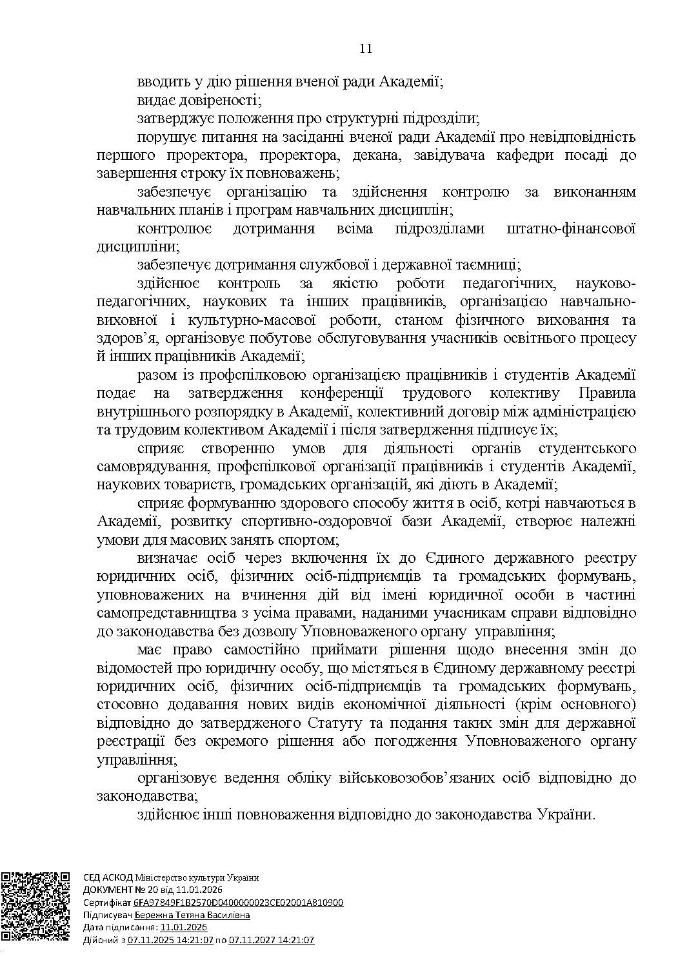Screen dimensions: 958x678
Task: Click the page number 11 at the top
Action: [x=366, y=49]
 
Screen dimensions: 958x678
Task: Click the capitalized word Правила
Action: [x=607, y=393]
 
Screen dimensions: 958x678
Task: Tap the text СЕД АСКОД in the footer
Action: [x=108, y=877]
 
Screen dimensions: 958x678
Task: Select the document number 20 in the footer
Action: [x=146, y=890]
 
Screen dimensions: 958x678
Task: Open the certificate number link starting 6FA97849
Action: [x=238, y=903]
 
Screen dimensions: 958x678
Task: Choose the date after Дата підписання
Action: [x=184, y=927]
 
